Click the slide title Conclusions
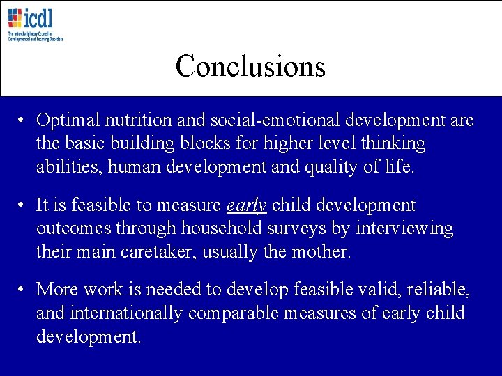pos(250,66)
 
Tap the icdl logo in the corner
pos(35,24)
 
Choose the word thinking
pos(391,143)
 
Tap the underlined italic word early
pos(247,206)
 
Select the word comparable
pos(238,313)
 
